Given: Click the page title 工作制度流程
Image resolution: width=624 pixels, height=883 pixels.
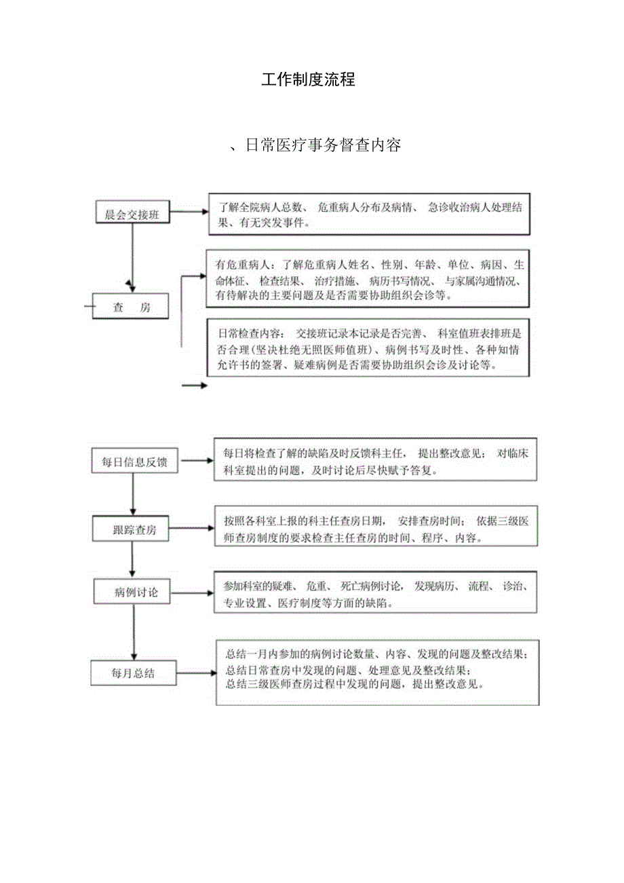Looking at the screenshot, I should tap(309, 79).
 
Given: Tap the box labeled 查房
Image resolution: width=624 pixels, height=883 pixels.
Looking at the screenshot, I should tap(132, 307).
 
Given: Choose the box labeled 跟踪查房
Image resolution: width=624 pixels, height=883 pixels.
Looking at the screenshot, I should tap(134, 529).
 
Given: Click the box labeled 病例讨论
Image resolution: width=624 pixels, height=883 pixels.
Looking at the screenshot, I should tap(136, 592).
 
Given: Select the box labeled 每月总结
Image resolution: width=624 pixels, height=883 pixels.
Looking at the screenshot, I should tap(133, 673).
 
